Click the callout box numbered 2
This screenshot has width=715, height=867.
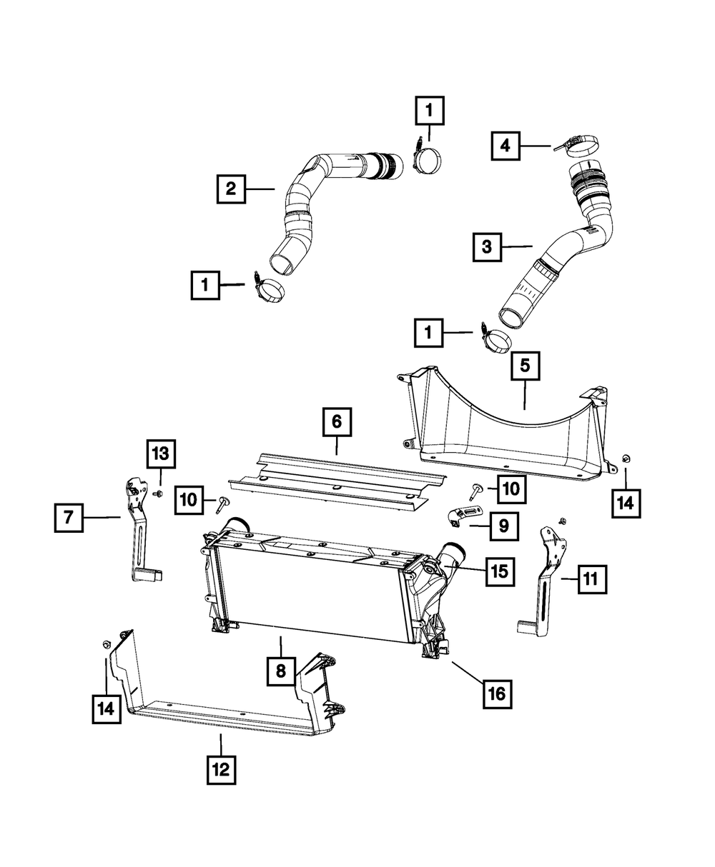(231, 189)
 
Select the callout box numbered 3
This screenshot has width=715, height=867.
(487, 247)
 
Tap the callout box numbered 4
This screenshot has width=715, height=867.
(506, 146)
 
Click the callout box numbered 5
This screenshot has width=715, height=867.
(525, 367)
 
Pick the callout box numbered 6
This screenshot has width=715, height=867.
(336, 422)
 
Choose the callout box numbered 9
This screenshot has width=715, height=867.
(504, 527)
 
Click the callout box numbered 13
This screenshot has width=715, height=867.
(162, 453)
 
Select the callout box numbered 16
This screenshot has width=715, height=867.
(497, 692)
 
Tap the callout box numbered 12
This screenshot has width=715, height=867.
(220, 769)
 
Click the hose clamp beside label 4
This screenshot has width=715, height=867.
(578, 148)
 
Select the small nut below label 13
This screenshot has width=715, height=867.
(159, 493)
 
